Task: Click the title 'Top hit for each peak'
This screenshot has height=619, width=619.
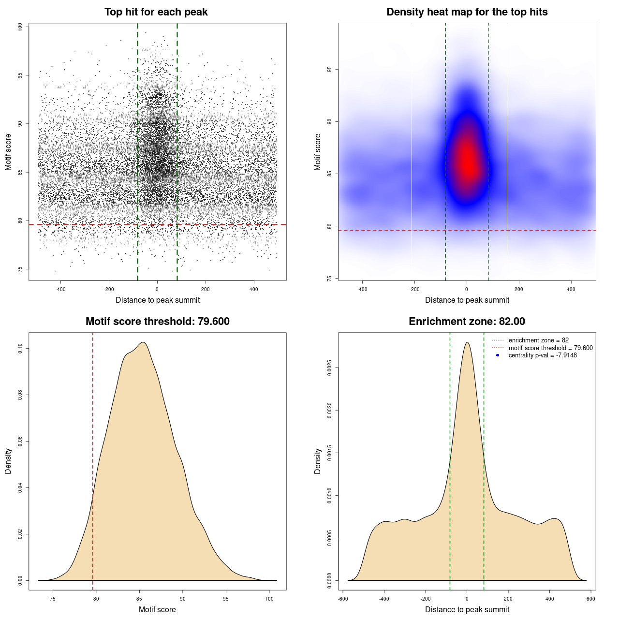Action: [x=156, y=12]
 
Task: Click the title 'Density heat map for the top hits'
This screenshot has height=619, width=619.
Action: [x=467, y=12]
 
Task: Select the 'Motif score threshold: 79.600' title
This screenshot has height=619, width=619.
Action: [x=157, y=322]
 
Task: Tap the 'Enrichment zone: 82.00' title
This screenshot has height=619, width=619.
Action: [x=467, y=322]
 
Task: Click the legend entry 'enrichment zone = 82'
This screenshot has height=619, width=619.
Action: [x=538, y=340]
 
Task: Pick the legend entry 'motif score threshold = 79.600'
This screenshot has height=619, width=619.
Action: [x=550, y=348]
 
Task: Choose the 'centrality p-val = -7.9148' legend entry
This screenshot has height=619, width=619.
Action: [x=543, y=355]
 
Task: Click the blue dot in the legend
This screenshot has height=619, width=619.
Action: [x=498, y=355]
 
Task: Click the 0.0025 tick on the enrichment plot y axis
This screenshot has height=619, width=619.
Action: [x=329, y=368]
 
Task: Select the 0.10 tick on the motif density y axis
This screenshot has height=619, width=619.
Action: [x=20, y=349]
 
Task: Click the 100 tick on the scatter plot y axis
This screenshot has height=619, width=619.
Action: [x=20, y=27]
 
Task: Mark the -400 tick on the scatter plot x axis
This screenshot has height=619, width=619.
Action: [x=60, y=290]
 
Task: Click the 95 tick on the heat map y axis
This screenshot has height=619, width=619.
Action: [x=329, y=69]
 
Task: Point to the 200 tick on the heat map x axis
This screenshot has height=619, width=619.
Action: [x=519, y=290]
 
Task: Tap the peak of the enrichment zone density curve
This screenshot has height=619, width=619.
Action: [x=467, y=342]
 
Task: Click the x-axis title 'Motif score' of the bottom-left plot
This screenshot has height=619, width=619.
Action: [x=157, y=609]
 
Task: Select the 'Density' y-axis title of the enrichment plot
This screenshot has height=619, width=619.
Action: [x=318, y=461]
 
